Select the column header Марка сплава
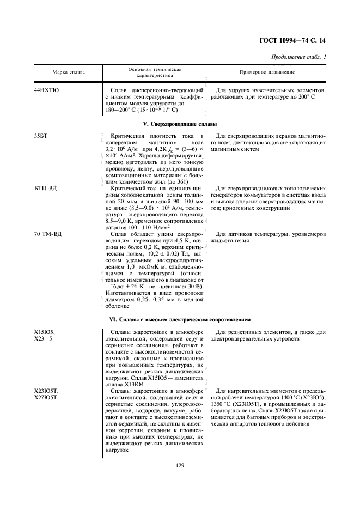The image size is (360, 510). (x=68, y=72)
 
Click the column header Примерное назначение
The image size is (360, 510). (x=267, y=72)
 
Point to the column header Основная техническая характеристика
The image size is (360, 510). (x=155, y=72)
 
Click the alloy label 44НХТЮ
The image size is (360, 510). (x=47, y=89)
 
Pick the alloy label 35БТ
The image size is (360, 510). (x=41, y=136)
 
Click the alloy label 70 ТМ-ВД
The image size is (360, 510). (x=48, y=234)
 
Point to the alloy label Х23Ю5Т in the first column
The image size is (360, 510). (x=46, y=391)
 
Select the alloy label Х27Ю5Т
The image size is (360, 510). (x=46, y=397)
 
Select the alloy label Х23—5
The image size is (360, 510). (x=42, y=338)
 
